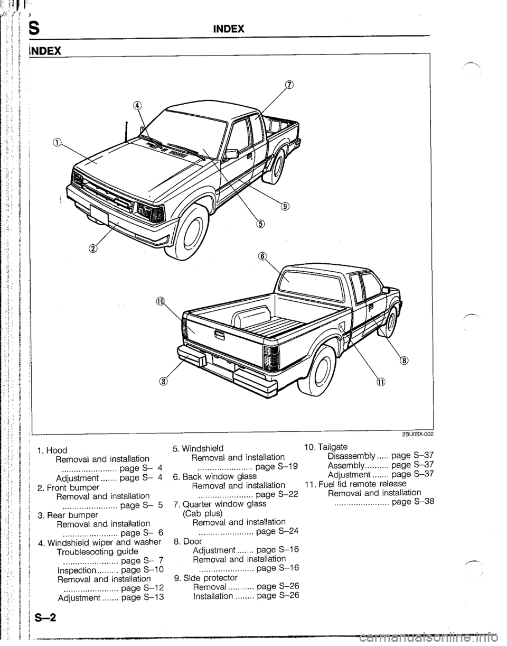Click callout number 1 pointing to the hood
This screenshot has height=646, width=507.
56,142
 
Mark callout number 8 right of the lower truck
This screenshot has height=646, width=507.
404,361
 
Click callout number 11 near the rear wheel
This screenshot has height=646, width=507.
380,382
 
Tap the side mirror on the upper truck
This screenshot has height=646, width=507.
231,154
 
